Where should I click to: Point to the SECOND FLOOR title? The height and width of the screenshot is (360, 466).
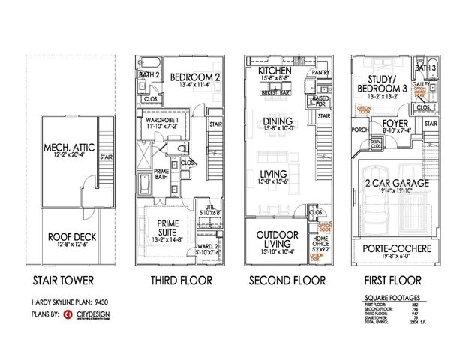tap(287, 281)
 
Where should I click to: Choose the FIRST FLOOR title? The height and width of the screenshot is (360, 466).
tap(394, 281)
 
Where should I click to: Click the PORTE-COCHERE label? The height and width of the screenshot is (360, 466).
tap(394, 248)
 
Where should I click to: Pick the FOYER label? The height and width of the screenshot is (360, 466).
tap(395, 123)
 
